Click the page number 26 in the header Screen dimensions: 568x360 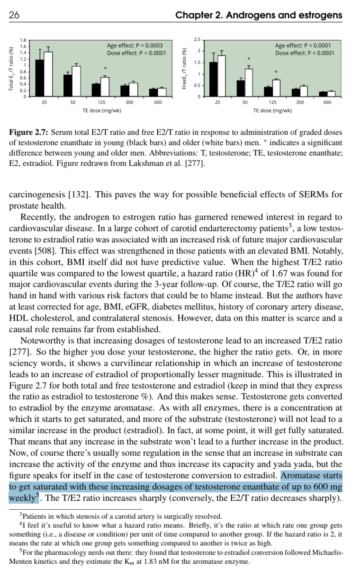pos(14,16)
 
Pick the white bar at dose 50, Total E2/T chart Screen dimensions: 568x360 pos(76,81)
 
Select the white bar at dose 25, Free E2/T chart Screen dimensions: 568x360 pos(222,76)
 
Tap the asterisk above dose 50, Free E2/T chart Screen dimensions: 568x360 pos(249,59)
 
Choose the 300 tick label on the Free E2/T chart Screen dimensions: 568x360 pos(300,102)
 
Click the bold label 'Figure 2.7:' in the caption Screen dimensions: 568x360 pos(28,133)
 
